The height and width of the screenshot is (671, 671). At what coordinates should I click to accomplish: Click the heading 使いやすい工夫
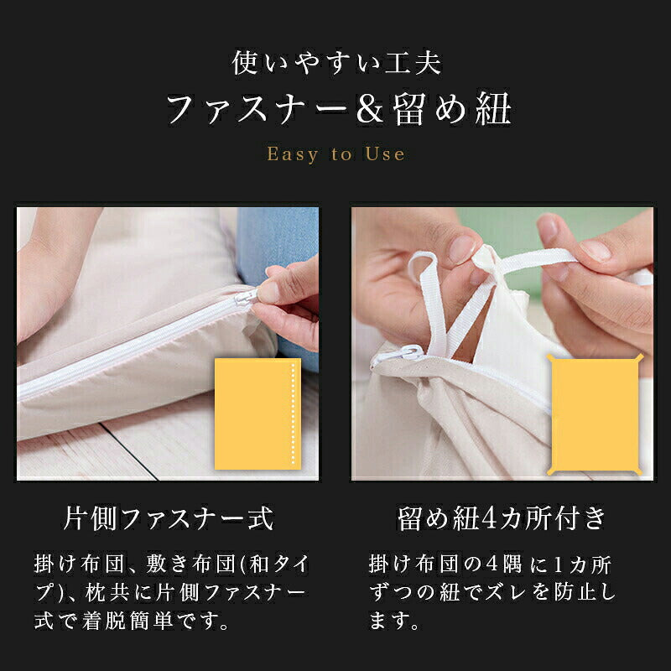coord(335,63)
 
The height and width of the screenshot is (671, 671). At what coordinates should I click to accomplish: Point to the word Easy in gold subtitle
coord(293,154)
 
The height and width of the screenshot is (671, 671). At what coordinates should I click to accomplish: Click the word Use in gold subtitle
coord(385,154)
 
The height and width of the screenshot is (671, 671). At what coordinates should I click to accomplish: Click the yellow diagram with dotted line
coord(257,414)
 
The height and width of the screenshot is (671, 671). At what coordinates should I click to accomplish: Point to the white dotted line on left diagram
coord(292,414)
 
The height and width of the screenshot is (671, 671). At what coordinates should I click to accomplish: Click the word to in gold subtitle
coord(341,154)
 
